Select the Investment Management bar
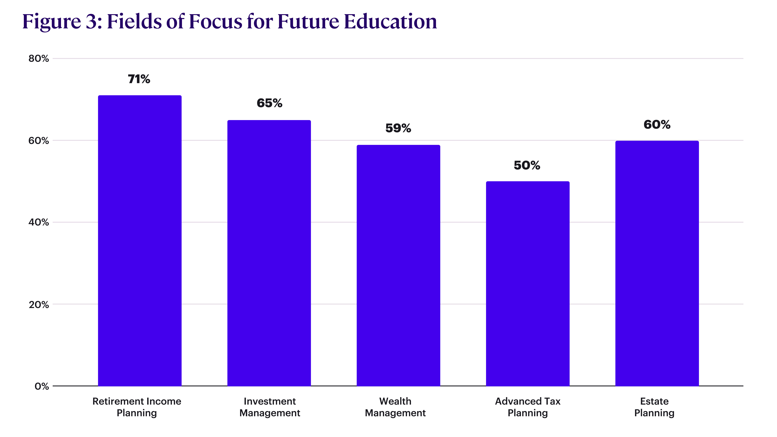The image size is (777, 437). [269, 253]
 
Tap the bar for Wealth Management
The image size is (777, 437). [398, 265]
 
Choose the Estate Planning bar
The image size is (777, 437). [657, 263]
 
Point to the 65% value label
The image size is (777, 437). [269, 103]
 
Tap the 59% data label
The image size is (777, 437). [398, 128]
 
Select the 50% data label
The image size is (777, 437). [527, 165]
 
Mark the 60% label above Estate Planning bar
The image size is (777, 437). [657, 125]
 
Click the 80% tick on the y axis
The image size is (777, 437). [39, 59]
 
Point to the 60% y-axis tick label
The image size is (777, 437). [39, 141]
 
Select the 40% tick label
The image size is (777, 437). [39, 222]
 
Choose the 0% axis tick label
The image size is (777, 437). [42, 386]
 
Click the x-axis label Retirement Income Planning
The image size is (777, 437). [137, 407]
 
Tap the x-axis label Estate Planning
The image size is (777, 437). [654, 407]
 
